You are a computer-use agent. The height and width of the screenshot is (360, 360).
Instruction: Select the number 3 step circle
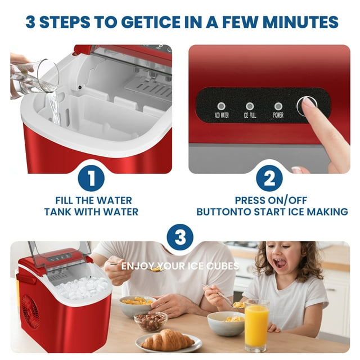tap(180, 238)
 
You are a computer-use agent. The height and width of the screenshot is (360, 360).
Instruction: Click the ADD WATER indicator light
tap(221, 106)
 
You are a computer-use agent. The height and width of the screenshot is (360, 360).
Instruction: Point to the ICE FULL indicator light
tap(250, 106)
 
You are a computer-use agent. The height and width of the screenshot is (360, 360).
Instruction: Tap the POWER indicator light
tap(278, 106)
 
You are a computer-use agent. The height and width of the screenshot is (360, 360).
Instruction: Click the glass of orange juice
tap(256, 325)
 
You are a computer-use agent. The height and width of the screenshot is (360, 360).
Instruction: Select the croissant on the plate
tap(167, 339)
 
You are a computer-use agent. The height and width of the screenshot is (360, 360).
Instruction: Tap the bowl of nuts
tap(150, 321)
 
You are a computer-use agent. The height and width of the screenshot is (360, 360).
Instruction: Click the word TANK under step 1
tap(58, 212)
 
